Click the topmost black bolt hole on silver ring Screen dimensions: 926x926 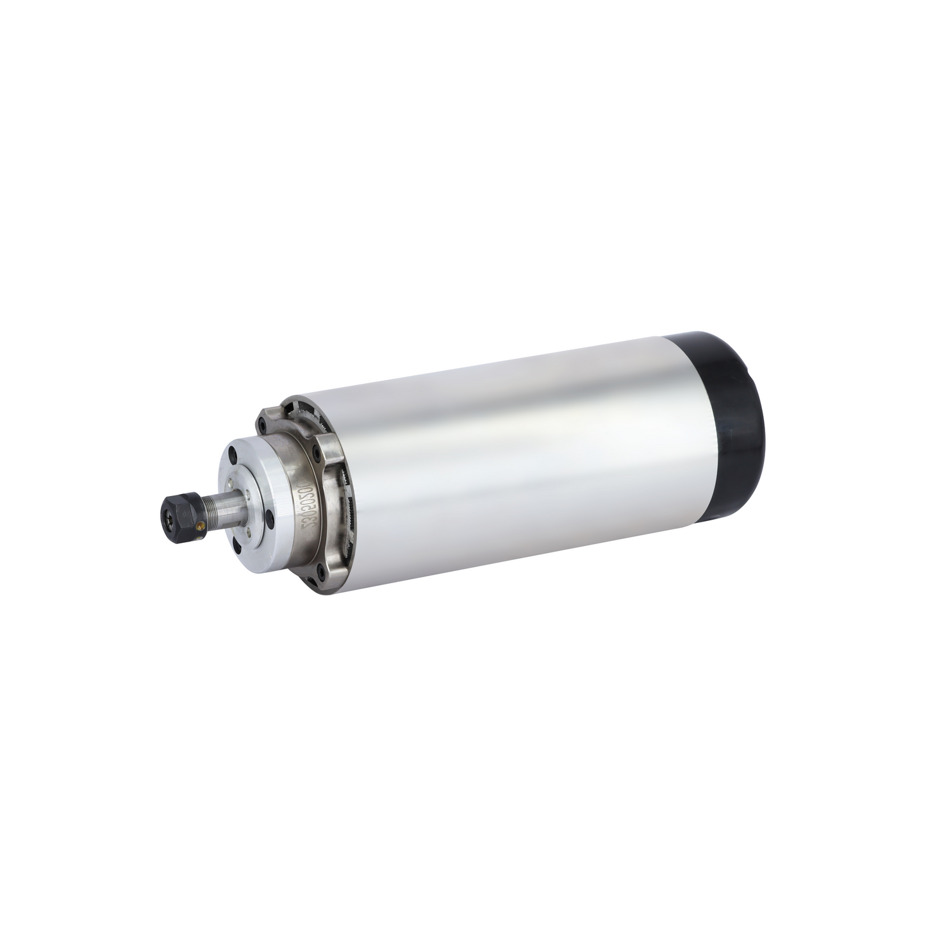click(233, 455)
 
